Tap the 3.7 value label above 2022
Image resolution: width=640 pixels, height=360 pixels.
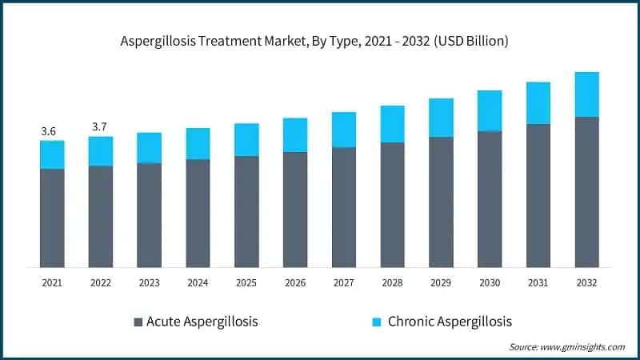[x=101, y=127]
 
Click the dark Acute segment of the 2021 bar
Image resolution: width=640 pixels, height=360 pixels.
[x=52, y=218]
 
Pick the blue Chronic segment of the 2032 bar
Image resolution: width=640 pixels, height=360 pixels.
[x=586, y=94]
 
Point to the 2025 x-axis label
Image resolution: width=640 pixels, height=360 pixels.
[x=246, y=282]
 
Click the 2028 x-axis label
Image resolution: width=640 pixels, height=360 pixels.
[x=392, y=282]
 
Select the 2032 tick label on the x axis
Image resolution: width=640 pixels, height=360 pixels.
[x=586, y=282]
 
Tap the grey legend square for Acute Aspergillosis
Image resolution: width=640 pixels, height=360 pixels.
[x=137, y=322]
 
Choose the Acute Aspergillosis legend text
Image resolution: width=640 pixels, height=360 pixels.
[x=202, y=322]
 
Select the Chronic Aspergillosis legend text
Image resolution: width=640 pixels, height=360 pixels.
[x=449, y=322]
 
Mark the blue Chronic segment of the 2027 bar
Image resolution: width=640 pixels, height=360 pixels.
[x=344, y=130]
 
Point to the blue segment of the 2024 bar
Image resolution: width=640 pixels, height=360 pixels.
[x=198, y=143]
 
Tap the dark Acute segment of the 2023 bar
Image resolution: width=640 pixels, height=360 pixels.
[x=150, y=214]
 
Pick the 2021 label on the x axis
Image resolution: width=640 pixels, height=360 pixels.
[x=52, y=282]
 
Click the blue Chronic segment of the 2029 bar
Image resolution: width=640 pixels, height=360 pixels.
[x=441, y=118]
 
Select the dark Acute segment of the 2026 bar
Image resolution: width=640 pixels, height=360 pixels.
[x=295, y=209]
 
